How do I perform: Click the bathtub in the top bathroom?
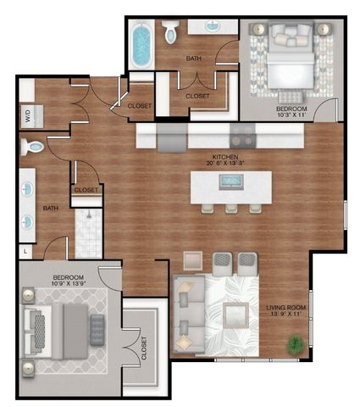coord(141,46)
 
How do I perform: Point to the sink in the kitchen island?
coord(231,181)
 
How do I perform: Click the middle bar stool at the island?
coord(232,208)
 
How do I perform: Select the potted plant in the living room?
coord(296,346)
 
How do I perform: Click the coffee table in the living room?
coord(238,312)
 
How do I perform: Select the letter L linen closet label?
coord(25,252)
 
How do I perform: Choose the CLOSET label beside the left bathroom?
coord(86,190)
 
